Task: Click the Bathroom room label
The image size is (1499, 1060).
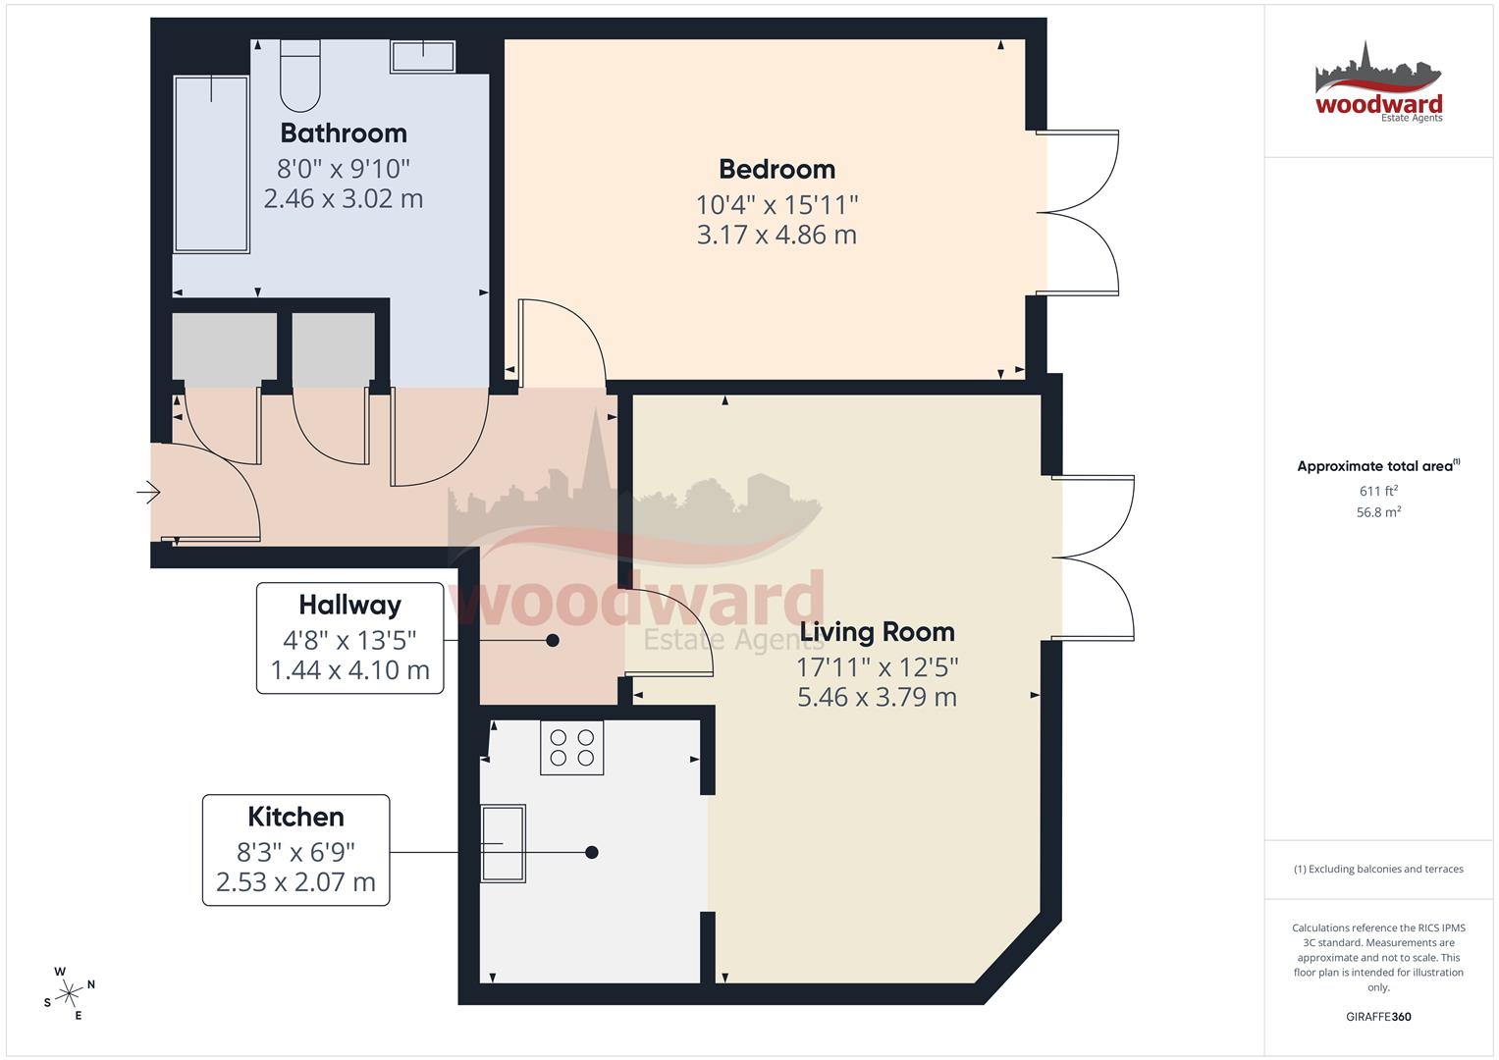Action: tap(343, 132)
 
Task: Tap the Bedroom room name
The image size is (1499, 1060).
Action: tap(776, 169)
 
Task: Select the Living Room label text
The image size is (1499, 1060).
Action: tap(877, 632)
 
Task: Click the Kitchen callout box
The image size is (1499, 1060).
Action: tap(295, 850)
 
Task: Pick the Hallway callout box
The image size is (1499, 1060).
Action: tap(349, 639)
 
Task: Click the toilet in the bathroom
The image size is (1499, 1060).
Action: tap(300, 75)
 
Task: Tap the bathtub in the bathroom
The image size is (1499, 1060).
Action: tap(211, 164)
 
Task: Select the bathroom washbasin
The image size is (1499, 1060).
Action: tap(423, 56)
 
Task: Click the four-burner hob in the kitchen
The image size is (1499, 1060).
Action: tap(571, 747)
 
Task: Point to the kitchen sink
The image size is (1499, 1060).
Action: tap(503, 843)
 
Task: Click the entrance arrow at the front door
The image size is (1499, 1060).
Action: tap(148, 491)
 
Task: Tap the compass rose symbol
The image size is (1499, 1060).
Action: tap(69, 993)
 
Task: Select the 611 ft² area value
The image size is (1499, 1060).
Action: tap(1378, 491)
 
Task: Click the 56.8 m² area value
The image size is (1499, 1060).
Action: tap(1378, 512)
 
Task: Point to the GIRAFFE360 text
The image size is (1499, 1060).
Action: tap(1378, 1017)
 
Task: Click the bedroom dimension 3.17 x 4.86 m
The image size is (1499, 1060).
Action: tap(776, 236)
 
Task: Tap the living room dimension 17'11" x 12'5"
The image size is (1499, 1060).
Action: tap(877, 667)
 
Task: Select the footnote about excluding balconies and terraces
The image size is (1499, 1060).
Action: tap(1378, 870)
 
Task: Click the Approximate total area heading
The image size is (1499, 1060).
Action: tap(1378, 466)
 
